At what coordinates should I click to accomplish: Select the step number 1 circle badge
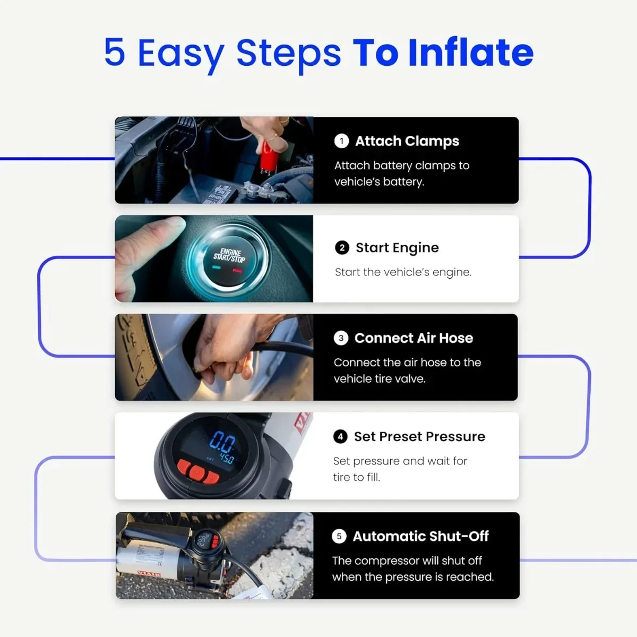341,141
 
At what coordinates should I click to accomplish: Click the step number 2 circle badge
342,247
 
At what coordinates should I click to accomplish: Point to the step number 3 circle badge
341,338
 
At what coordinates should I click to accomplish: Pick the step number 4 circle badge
340,436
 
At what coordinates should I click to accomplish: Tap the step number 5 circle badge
339,536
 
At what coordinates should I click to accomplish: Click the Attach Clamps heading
407,141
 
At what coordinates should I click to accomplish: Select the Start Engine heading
397,247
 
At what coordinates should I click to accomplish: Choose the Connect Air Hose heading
414,338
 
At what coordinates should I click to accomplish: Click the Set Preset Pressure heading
419,436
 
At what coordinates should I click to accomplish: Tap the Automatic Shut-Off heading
420,536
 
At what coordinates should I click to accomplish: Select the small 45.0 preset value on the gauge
227,458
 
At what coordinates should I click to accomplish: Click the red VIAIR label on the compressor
149,574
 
